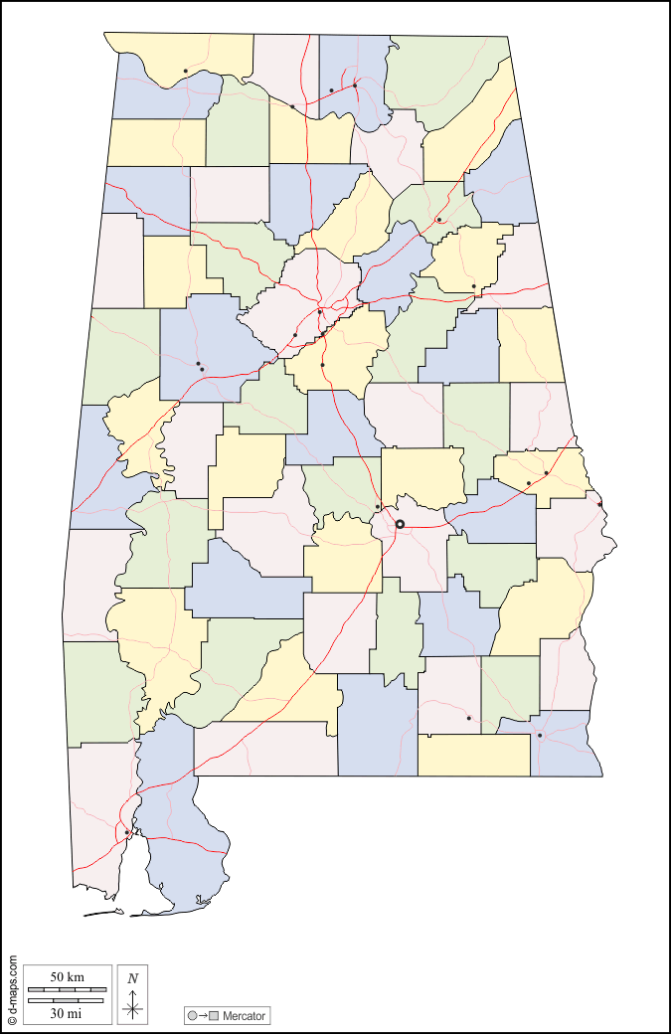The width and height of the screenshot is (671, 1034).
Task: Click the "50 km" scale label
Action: pyautogui.click(x=66, y=977)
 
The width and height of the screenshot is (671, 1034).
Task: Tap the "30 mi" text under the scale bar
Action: pyautogui.click(x=66, y=1013)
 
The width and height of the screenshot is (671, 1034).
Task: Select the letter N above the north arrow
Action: pyautogui.click(x=133, y=978)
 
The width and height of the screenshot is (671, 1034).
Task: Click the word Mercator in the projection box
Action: pyautogui.click(x=244, y=1016)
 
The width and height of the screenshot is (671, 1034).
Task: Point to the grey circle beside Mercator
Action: pyautogui.click(x=192, y=1016)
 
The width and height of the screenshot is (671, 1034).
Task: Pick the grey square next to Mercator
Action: pyautogui.click(x=213, y=1016)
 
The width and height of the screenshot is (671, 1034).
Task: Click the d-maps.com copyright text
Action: pyautogui.click(x=12, y=990)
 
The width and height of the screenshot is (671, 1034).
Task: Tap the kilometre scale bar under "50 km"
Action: pyautogui.click(x=66, y=990)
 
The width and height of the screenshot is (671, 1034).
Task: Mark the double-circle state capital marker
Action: pyautogui.click(x=400, y=524)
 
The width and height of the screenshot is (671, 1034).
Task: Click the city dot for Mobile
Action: pyautogui.click(x=126, y=832)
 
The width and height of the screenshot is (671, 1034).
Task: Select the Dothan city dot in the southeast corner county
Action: pyautogui.click(x=539, y=736)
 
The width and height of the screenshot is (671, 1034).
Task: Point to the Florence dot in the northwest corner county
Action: pyautogui.click(x=185, y=71)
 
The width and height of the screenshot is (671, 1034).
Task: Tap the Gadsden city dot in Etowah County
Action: pyautogui.click(x=438, y=220)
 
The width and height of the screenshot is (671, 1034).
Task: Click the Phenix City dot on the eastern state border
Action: pyautogui.click(x=599, y=504)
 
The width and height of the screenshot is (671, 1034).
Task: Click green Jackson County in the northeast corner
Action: pyautogui.click(x=447, y=80)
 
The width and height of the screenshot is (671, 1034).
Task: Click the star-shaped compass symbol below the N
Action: pyautogui.click(x=133, y=1008)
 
